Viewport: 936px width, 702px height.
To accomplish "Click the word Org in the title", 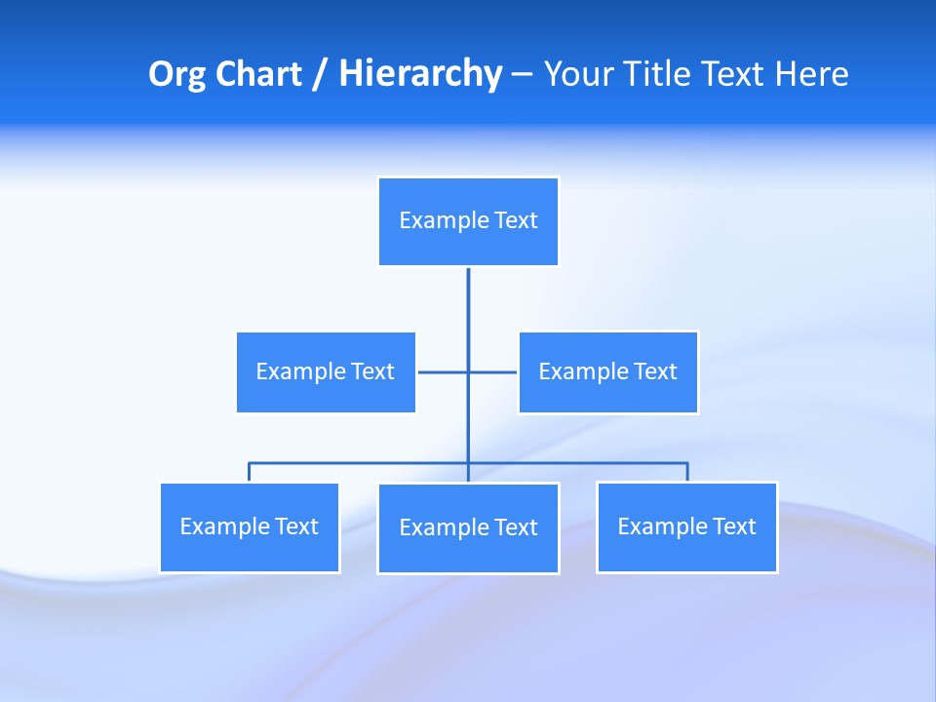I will (x=177, y=74).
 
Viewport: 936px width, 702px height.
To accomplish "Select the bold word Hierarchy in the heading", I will (x=420, y=74).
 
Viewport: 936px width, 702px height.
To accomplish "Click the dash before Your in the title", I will (x=522, y=74).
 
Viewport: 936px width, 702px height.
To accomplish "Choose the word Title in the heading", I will (x=658, y=74).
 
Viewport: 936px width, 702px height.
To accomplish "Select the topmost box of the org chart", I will (x=468, y=221).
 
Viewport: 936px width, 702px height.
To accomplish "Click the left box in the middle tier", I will (x=326, y=372).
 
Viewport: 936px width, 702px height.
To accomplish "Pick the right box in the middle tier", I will (x=608, y=372).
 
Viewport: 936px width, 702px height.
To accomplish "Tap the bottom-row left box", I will (x=250, y=527).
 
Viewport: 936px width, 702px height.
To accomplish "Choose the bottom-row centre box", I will (x=468, y=528).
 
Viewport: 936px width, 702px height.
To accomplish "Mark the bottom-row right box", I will (x=687, y=527).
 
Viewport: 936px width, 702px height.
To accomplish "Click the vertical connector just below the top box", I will (x=468, y=302).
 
